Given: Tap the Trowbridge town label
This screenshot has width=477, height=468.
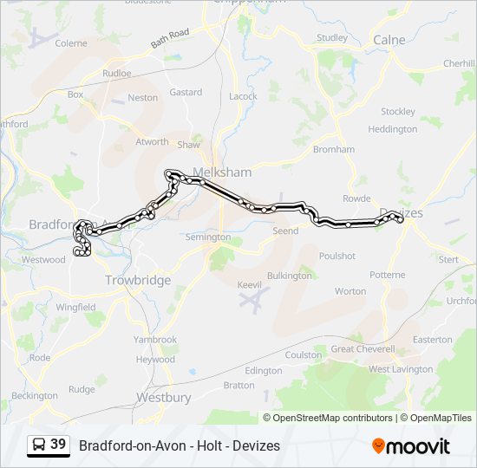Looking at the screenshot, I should (138, 280).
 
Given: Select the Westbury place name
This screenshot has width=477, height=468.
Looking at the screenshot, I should (163, 398).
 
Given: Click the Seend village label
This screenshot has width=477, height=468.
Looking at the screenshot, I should (285, 231).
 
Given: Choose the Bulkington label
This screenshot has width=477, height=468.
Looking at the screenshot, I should (289, 276).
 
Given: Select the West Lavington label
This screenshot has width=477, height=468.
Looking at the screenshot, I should (401, 369).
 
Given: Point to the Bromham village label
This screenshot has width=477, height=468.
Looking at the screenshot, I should (334, 149).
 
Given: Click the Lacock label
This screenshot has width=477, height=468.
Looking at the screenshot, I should (243, 96).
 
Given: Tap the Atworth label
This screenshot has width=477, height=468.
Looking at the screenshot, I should (152, 141).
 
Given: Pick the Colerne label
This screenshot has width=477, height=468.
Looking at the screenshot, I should (71, 42).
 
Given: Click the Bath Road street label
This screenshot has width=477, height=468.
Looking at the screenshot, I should (170, 38).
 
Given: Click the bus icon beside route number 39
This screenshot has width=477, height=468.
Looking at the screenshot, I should (39, 445).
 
